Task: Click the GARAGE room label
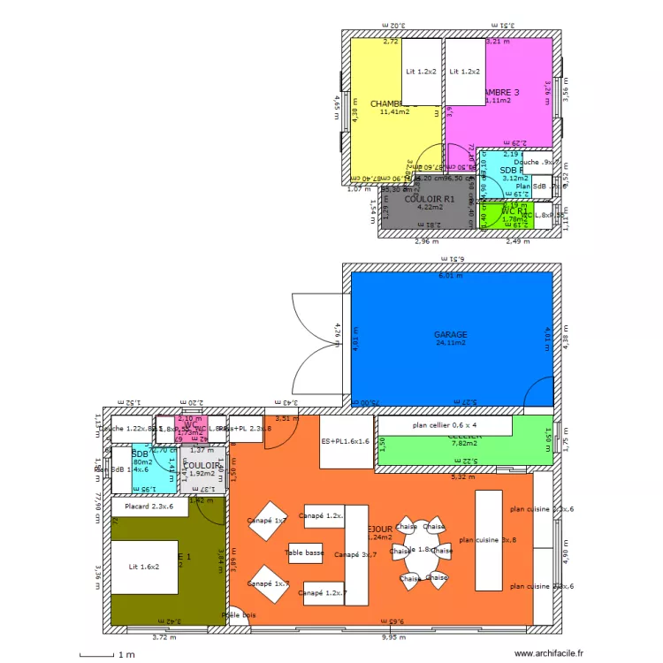(451, 335)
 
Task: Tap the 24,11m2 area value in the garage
(451, 344)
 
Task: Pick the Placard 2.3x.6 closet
(149, 507)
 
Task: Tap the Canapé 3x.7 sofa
(356, 555)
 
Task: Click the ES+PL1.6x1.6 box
(345, 441)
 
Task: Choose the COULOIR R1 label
(429, 200)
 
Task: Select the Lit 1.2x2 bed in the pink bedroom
(464, 71)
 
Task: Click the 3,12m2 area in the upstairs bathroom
(514, 179)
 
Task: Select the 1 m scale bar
(103, 654)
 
